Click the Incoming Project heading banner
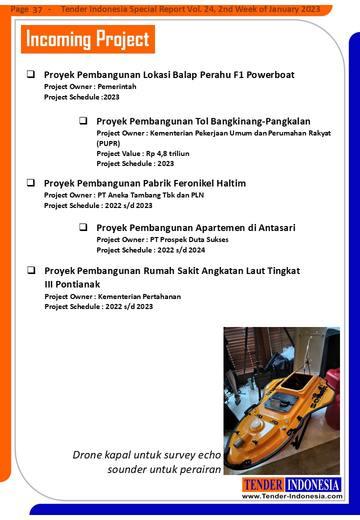[87, 39]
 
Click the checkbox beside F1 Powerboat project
[31, 74]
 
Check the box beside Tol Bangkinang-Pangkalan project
[83, 121]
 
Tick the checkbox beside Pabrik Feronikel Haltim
[31, 183]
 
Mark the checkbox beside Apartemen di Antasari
[83, 227]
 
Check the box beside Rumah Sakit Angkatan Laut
[31, 270]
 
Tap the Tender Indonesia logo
[292, 484]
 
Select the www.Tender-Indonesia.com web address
[292, 496]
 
